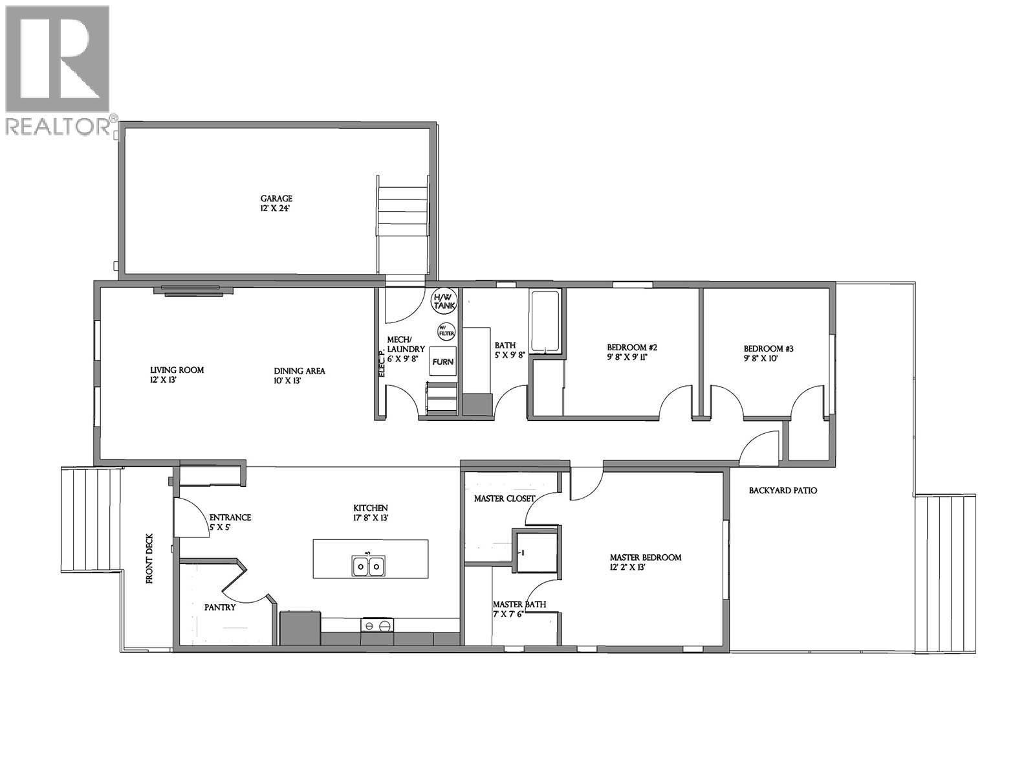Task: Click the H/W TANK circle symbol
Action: coord(444,300)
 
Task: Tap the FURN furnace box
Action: coord(443,362)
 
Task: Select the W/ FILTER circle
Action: coord(446,332)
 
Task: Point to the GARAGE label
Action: coord(276,199)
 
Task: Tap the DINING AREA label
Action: coord(299,371)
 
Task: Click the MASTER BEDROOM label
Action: coord(646,557)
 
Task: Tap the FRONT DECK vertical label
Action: coord(149,559)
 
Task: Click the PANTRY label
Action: coord(220,607)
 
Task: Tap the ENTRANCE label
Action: coord(230,517)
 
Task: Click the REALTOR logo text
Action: coord(58,127)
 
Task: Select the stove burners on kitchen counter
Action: coord(377,625)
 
